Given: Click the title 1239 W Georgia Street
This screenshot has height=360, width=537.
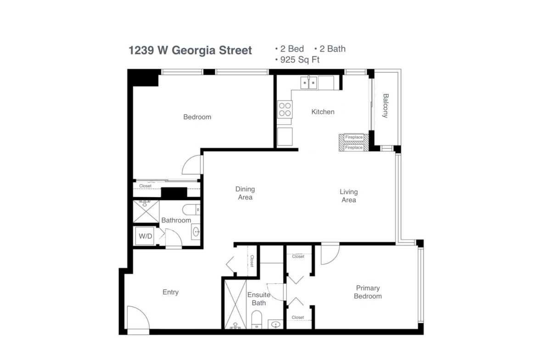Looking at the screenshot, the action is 190,50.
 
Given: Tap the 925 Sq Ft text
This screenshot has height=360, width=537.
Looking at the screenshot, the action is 300,60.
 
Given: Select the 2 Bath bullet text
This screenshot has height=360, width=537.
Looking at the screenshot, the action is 333,49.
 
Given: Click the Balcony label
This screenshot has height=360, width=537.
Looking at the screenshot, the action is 386,106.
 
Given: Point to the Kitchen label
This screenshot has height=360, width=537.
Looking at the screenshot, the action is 323,112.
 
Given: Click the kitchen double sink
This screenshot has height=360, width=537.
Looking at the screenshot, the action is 309,83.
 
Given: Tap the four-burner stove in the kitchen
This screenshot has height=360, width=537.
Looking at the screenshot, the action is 285,109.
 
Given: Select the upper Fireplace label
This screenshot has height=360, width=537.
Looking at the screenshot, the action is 354,137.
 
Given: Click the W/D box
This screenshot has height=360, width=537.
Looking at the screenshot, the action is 145,236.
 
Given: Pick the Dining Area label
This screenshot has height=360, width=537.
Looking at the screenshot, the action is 245,193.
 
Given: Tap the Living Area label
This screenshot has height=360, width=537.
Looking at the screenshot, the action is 349,196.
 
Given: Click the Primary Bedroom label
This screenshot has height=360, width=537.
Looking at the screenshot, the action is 368,292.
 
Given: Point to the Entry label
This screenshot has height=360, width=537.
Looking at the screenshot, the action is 171,292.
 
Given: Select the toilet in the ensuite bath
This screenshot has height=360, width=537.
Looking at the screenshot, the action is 257,320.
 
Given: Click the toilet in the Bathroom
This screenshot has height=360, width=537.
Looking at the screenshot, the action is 191,210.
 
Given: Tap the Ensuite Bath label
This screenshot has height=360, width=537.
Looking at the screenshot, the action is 259,299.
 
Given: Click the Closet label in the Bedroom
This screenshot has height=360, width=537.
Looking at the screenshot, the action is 145,186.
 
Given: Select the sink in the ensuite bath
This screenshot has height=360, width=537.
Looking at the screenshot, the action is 276,324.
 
